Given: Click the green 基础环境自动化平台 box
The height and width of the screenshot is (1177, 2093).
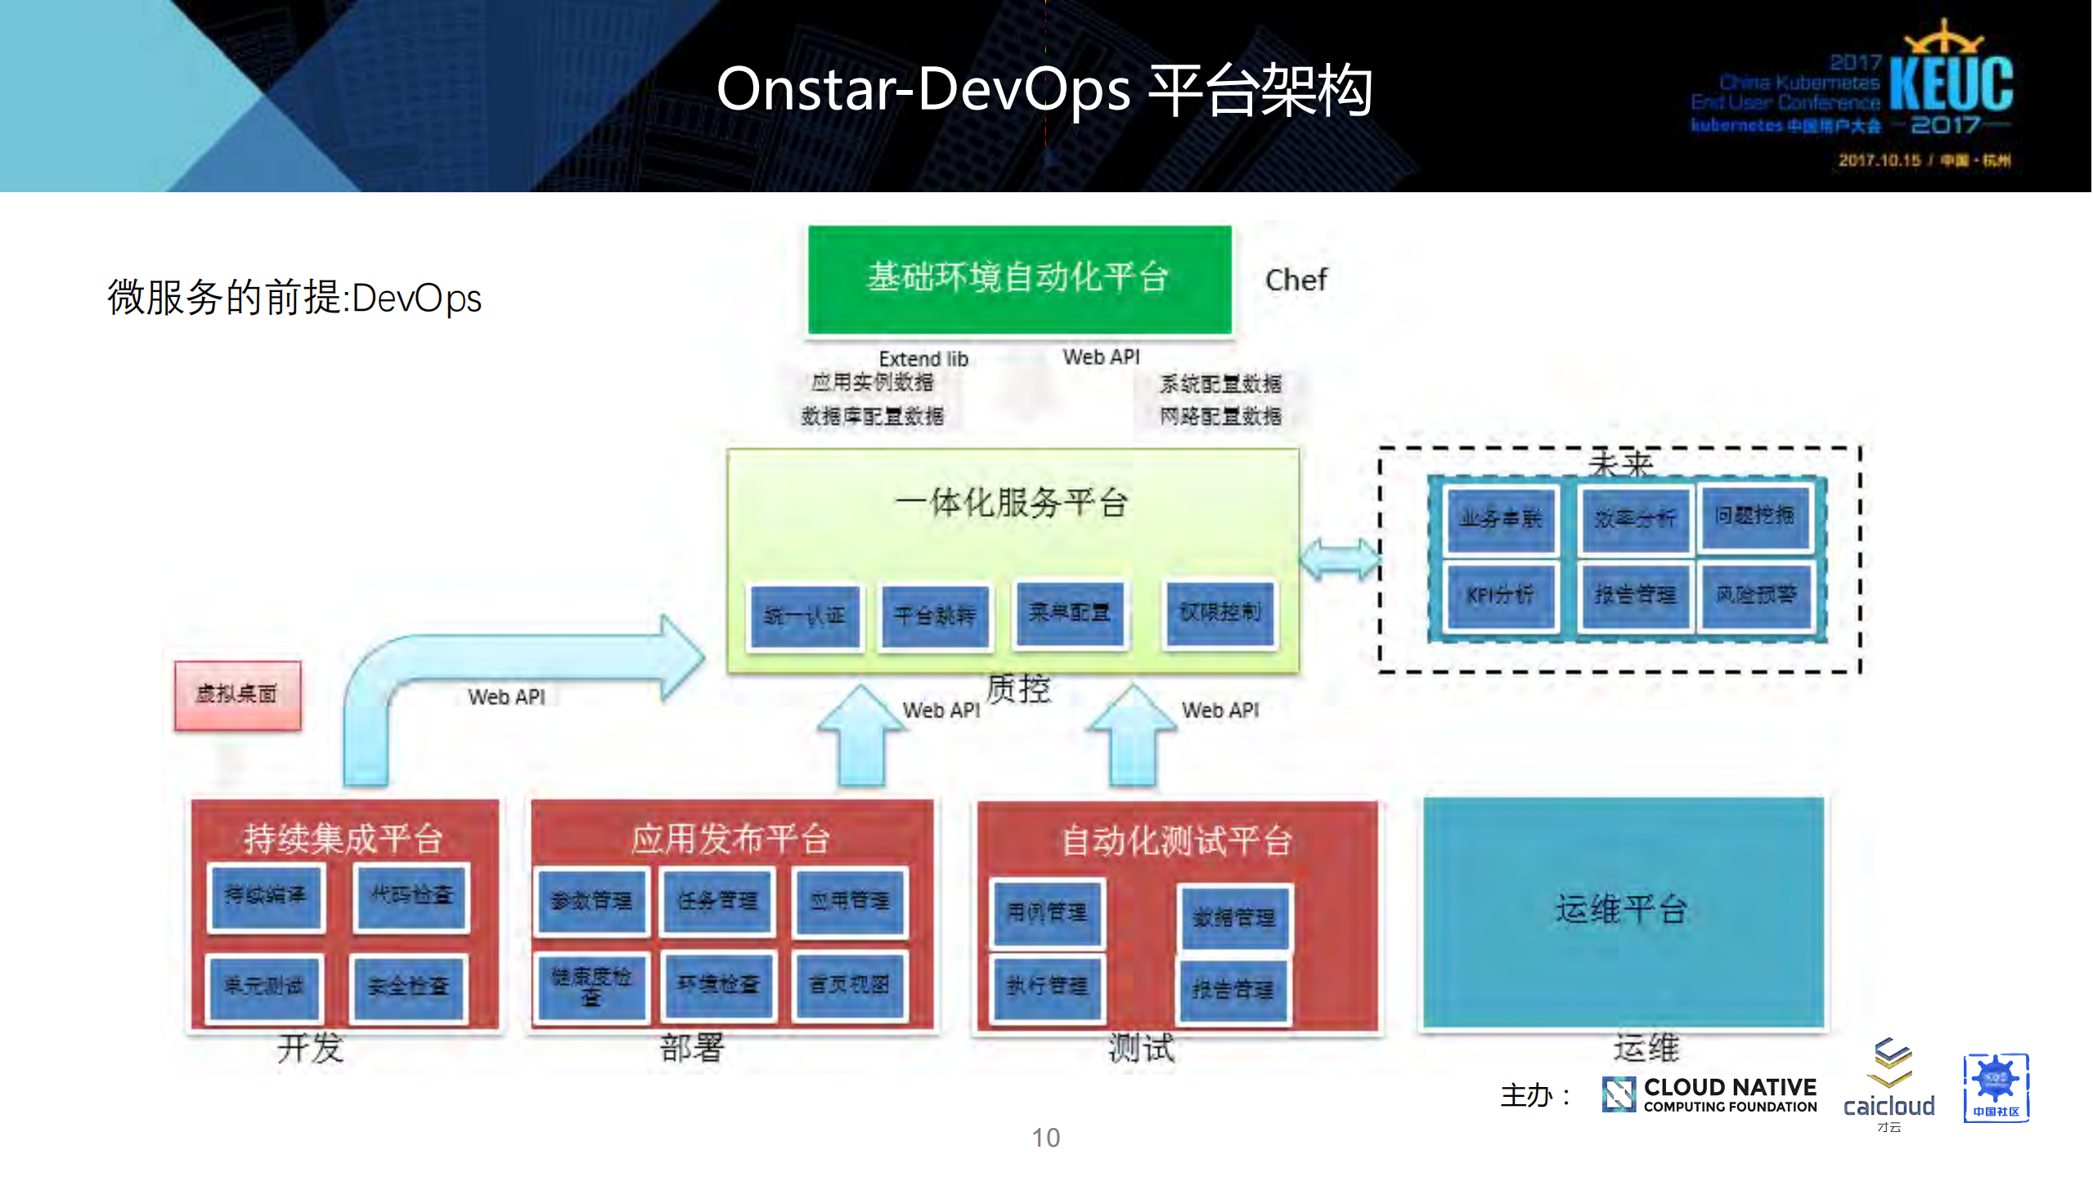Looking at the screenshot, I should pos(1019,279).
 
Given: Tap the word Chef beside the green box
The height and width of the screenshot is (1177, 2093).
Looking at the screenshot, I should pos(1296,280).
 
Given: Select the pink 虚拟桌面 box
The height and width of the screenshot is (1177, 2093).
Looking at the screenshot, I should pos(237,694).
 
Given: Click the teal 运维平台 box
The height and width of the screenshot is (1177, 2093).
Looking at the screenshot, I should pos(1623,910).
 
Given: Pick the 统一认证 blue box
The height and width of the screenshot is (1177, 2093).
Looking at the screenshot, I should pos(805,616).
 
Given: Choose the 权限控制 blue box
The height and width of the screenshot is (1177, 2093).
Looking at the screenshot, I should pos(1219,613).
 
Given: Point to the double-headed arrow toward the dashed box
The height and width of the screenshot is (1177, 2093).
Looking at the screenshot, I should pos(1339,559).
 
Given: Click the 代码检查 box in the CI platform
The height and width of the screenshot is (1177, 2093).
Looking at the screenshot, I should pos(411,896).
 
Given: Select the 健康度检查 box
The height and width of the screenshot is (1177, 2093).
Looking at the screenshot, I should pos(591,985).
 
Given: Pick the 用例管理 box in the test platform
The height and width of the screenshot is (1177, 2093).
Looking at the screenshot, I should pos(1046,912).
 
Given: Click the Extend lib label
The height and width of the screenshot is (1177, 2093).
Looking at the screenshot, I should pos(923,359).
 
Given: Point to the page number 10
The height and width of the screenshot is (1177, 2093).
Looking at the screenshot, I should pos(1045,1138).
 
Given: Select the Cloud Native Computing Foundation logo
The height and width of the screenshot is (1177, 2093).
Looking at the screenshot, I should pos(1709,1094).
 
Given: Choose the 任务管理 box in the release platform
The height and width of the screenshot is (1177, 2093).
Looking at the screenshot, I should pos(717,901).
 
